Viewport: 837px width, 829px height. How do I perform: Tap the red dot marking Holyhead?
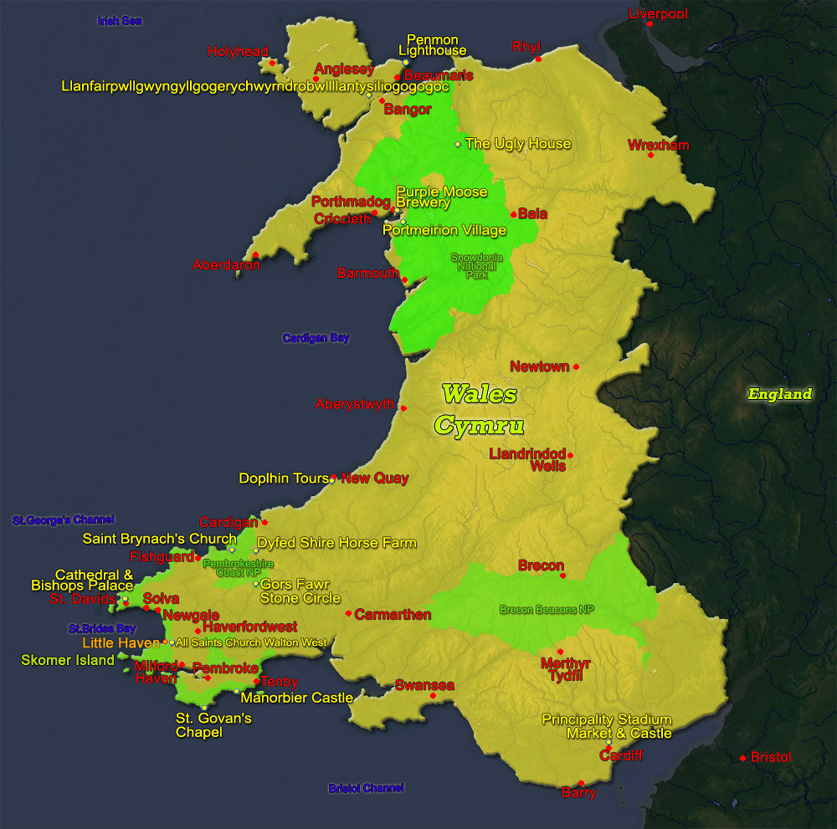tap(272, 62)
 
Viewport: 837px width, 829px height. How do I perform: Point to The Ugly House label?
tap(517, 144)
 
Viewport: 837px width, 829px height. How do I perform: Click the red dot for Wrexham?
tap(650, 155)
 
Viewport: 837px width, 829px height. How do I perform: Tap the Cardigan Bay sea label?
tap(316, 338)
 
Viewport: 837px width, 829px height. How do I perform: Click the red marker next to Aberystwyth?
tap(403, 408)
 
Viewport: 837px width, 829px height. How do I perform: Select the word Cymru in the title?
tap(479, 425)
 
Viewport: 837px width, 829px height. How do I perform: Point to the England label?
tap(780, 394)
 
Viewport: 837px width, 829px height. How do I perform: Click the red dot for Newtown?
tap(576, 367)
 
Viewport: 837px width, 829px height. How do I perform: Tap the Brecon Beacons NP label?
tap(546, 610)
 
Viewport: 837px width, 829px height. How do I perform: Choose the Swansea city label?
tap(424, 686)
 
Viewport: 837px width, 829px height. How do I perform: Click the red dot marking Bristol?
tap(742, 758)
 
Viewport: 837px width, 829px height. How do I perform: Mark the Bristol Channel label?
tap(366, 788)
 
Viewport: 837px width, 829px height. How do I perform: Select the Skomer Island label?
tap(68, 660)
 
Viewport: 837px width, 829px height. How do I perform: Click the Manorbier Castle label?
tap(296, 698)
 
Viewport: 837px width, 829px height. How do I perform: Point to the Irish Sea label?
tap(120, 21)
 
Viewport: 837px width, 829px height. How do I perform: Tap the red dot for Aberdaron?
tap(255, 255)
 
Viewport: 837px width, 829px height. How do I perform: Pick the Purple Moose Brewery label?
tap(441, 197)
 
